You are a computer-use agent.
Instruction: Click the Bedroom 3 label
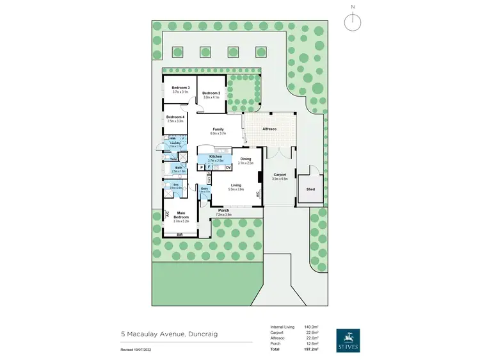(180, 87)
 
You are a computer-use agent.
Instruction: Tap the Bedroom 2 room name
(211, 94)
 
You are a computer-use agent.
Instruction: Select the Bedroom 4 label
(175, 117)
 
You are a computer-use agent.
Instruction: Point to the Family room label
(219, 129)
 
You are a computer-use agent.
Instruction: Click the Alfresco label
(269, 129)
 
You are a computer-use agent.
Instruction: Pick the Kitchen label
(215, 157)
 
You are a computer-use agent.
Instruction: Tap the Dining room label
(246, 159)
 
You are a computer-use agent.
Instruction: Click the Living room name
(237, 185)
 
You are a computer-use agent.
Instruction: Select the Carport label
(280, 174)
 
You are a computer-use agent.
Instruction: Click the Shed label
(310, 190)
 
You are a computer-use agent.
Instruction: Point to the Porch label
(223, 210)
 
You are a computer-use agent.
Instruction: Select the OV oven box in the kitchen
(228, 167)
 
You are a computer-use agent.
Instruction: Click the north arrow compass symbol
(351, 21)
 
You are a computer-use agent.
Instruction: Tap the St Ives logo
(348, 341)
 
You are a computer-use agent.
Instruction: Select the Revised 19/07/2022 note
(135, 350)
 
